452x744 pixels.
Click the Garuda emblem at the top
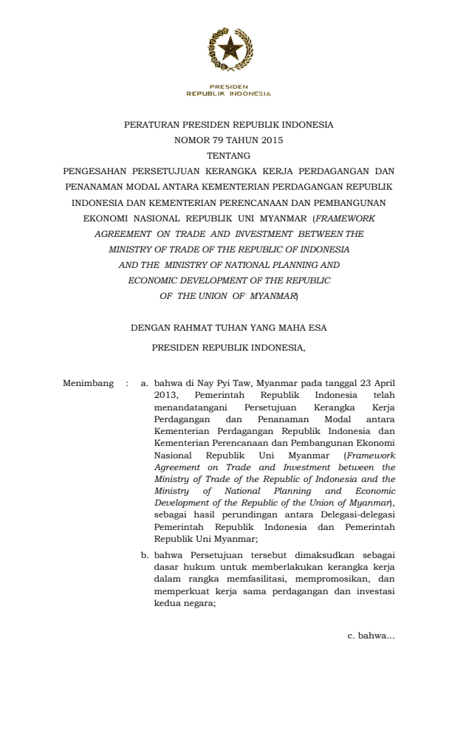[x=229, y=49]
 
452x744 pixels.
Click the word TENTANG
[x=229, y=156]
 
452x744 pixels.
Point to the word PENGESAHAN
[x=95, y=171]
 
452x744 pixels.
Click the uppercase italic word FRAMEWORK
[x=345, y=218]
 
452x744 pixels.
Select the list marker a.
[x=145, y=383]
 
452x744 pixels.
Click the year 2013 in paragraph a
[x=165, y=395]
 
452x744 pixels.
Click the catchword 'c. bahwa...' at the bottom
[x=371, y=636]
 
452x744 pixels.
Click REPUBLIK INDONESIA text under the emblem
[x=229, y=94]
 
